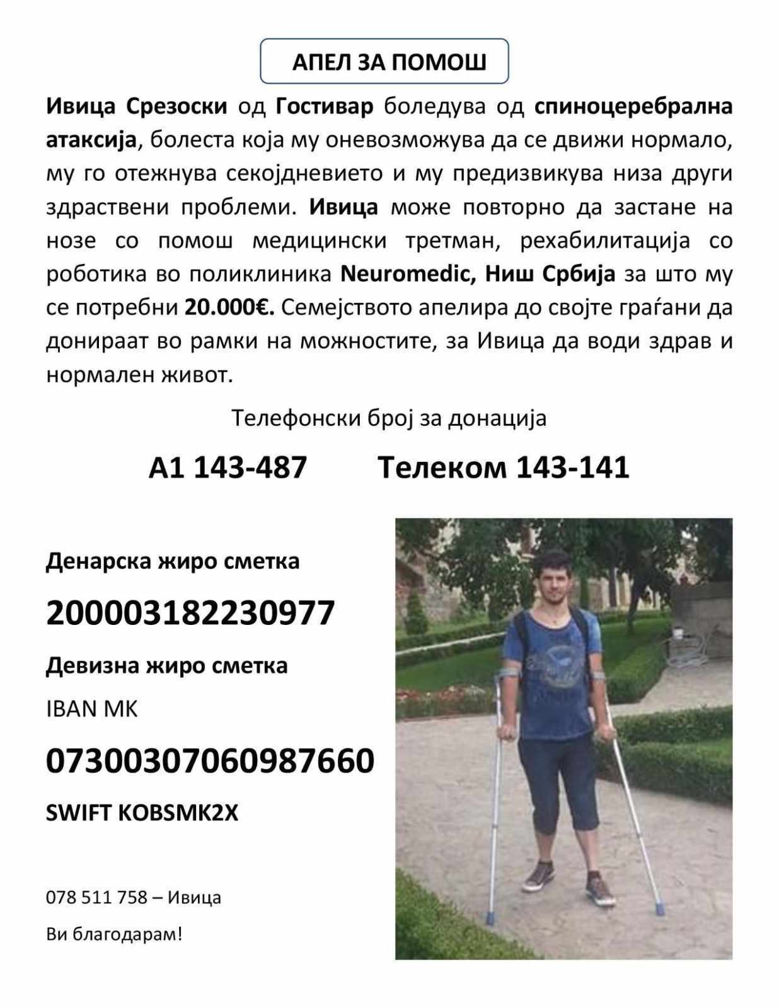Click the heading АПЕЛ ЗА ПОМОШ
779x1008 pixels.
coord(389,62)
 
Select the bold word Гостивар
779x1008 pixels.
coord(325,106)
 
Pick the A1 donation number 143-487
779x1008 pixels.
coord(250,467)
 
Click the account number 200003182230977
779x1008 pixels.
coord(190,612)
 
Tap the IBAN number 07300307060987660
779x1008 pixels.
coord(211,760)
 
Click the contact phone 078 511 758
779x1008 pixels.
coord(96,897)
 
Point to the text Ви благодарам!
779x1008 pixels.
coord(114,933)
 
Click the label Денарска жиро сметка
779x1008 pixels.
coord(173,561)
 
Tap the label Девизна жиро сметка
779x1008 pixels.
coord(167,665)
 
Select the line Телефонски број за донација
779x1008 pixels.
coord(389,418)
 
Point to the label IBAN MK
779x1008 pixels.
coord(92,709)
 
